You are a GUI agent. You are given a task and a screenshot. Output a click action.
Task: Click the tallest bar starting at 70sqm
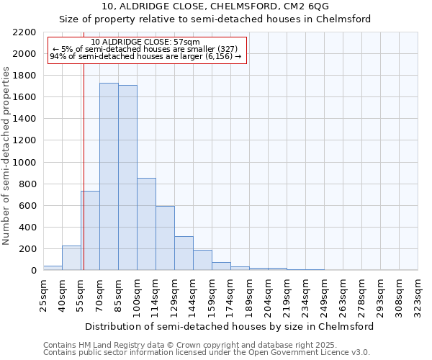109,176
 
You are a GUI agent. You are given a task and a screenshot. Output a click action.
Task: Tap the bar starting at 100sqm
146,224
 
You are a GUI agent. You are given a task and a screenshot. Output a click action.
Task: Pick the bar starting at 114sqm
165,238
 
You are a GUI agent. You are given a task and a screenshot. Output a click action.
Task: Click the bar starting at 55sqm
90,230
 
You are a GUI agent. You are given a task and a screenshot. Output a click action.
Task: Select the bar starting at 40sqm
71,258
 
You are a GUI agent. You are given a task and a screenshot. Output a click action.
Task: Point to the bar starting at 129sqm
184,253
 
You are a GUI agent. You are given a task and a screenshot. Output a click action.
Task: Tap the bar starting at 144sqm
202,260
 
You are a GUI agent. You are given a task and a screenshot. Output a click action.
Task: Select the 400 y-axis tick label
29,228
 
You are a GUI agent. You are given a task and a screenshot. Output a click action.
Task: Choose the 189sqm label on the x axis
250,294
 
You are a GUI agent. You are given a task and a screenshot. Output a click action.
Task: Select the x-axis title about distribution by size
230,326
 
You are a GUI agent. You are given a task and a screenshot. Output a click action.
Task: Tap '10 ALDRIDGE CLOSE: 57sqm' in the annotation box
147,42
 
